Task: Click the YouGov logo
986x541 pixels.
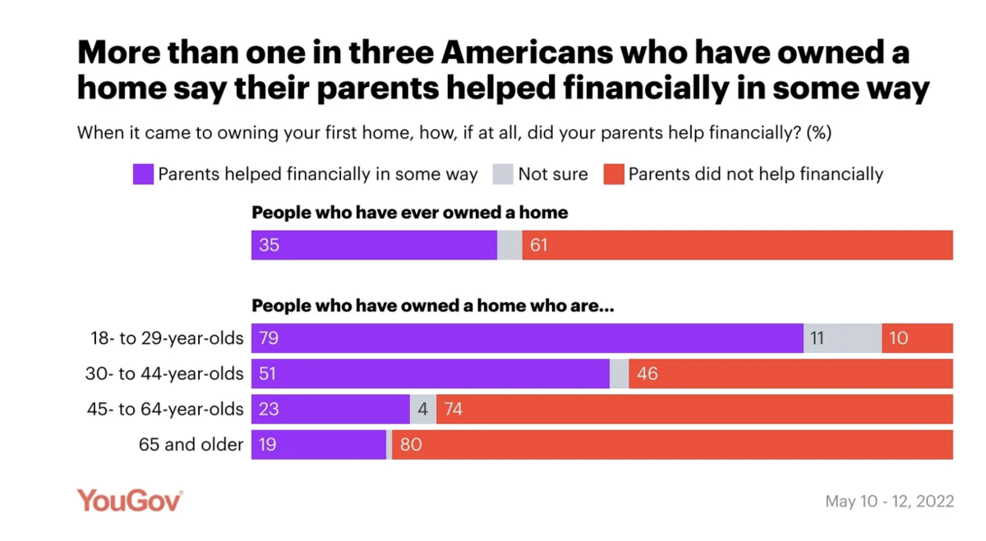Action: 130,500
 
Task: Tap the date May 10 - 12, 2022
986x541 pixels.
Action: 889,501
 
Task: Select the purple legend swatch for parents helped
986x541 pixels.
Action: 143,174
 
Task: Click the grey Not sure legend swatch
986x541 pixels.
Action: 503,174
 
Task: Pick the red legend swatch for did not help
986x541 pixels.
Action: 614,174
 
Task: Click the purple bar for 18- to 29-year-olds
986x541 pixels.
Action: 527,337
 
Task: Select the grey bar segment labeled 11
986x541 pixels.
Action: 842,337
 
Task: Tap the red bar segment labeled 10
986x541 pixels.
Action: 917,337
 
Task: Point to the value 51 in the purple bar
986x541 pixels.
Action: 269,374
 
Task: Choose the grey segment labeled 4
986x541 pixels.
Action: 423,409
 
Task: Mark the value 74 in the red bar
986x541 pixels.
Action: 453,409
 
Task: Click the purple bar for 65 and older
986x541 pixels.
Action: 319,445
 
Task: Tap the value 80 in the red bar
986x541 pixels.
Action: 410,445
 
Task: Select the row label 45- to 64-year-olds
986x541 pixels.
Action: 165,409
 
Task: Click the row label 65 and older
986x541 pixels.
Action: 191,445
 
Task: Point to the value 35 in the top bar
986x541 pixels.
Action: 269,245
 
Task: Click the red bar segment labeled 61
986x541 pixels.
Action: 737,245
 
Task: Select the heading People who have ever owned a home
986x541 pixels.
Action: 409,213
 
